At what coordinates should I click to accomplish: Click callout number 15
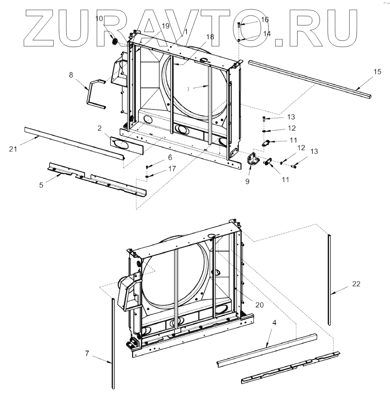coord(377,72)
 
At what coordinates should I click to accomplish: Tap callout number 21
coord(13,149)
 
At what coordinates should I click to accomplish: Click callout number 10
coord(99,18)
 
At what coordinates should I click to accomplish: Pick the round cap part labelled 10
coord(114,41)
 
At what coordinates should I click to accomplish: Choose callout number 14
coord(267,34)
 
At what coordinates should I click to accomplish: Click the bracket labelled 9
coord(251,159)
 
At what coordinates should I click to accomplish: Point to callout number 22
coord(356,284)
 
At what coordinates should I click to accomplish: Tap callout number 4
coord(274,322)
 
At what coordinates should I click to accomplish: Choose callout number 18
coord(210,37)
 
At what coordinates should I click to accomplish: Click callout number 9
coord(247,181)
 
